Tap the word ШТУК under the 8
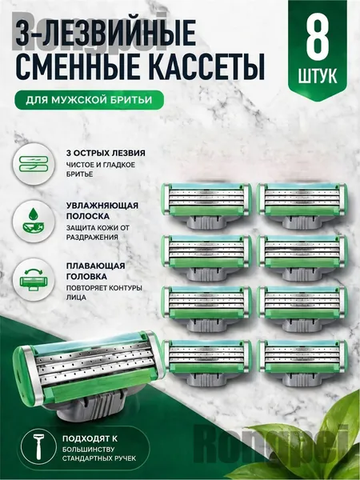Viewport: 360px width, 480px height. [x=318, y=75]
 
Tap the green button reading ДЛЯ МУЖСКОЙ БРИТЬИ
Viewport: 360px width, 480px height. [x=89, y=100]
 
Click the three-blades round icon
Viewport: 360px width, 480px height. [x=34, y=164]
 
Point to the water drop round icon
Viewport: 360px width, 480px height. [x=34, y=222]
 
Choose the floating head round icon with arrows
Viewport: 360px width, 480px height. [x=34, y=279]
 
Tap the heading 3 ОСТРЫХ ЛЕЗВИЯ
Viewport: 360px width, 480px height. [x=106, y=153]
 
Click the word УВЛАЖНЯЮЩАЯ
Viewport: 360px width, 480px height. [x=102, y=206]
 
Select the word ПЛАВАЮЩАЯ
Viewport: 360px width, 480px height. [x=95, y=266]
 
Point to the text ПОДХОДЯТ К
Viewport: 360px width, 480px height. [x=90, y=438]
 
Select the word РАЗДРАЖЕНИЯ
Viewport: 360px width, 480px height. [x=92, y=238]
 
